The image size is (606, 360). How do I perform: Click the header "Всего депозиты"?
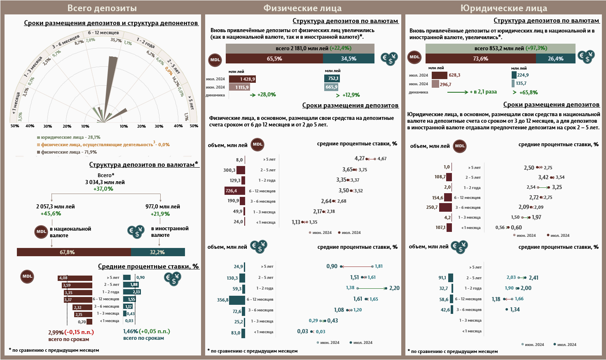point(102,8)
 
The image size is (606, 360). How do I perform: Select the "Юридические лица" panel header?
point(503,8)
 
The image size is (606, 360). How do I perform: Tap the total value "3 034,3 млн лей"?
point(105,182)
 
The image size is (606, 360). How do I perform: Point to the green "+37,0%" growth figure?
point(103,189)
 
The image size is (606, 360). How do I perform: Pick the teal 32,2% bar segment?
point(158,252)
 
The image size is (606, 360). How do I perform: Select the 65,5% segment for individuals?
point(274,59)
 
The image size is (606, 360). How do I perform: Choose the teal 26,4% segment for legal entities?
point(555,59)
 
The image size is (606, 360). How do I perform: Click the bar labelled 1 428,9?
point(243,79)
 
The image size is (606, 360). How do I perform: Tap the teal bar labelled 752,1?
point(332,78)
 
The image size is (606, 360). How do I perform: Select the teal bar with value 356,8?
point(237,300)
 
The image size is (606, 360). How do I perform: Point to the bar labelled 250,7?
point(445,208)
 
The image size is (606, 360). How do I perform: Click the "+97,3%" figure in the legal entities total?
point(536,48)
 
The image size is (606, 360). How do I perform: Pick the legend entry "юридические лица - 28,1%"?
point(70,137)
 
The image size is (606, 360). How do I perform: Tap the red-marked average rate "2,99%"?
point(56,332)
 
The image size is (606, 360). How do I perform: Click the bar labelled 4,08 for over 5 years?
point(75,278)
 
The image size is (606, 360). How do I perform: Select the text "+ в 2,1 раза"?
point(483,92)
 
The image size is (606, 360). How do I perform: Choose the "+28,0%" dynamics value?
point(267,95)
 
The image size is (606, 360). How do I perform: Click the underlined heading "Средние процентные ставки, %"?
point(148,266)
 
